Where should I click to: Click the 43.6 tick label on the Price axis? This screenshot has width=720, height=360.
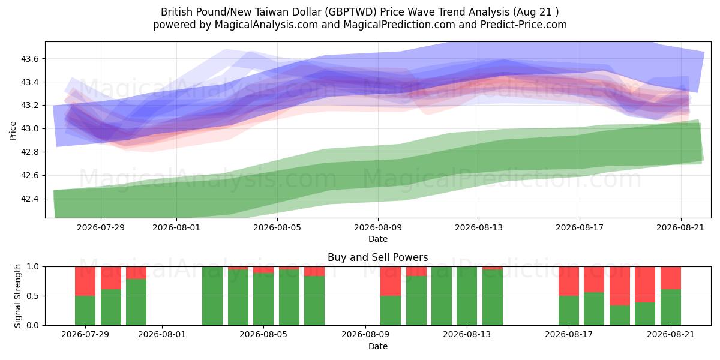pos(29,59)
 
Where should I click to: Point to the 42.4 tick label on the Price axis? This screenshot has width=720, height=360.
pos(29,199)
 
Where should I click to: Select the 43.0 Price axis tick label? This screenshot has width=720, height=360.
pos(29,129)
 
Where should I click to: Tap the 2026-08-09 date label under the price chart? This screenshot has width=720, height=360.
pos(378,227)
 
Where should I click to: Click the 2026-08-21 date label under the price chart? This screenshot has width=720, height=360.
pos(680,227)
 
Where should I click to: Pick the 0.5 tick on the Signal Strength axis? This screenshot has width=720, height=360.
pos(33,296)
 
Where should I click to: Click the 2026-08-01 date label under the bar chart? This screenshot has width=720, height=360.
pos(162,335)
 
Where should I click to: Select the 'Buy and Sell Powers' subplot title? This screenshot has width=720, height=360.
pos(377,257)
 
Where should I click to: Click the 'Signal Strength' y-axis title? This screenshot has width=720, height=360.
pos(17,296)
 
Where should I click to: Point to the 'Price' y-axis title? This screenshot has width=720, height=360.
pos(13,131)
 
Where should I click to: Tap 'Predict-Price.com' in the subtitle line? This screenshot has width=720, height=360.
pos(524,25)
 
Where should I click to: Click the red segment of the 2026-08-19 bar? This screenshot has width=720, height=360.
pos(620,286)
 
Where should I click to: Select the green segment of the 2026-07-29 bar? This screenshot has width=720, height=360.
pos(85,311)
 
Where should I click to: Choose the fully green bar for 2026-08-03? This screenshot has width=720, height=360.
pos(212,296)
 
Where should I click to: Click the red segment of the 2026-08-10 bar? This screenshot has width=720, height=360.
pos(391,281)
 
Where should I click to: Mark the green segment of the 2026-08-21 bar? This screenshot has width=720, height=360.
pos(671,307)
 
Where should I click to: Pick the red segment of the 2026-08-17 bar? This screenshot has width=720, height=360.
pos(569,281)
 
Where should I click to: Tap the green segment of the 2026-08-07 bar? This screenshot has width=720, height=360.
pos(314,301)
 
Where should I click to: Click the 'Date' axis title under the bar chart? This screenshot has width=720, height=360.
pos(378,347)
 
